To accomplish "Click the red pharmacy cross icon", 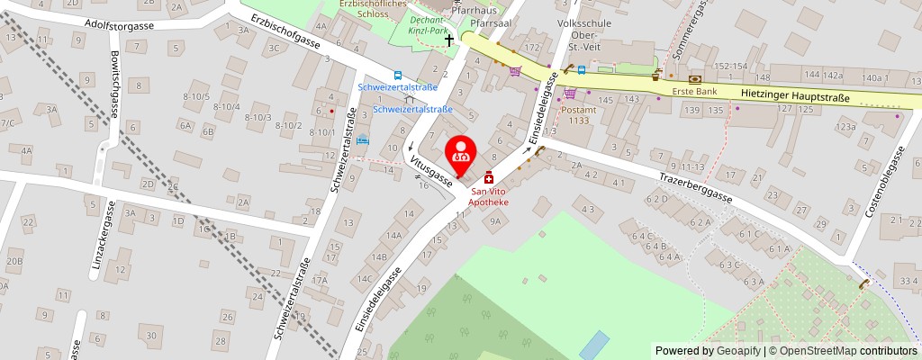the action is point(489,178).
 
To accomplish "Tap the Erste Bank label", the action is point(694,92).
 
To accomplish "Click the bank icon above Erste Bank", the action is point(694,79).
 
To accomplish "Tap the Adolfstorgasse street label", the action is point(120,25).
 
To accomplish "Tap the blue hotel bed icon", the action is point(363,140).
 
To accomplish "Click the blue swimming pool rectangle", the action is point(593,343).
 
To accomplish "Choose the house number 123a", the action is point(845,128).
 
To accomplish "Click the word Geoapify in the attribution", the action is point(737,351).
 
